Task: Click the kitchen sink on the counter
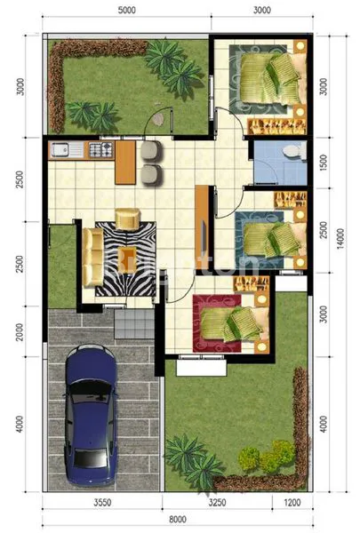tap(63, 149)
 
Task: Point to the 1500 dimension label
tap(324, 162)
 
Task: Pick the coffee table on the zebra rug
tap(128, 218)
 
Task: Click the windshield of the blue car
tap(92, 391)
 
